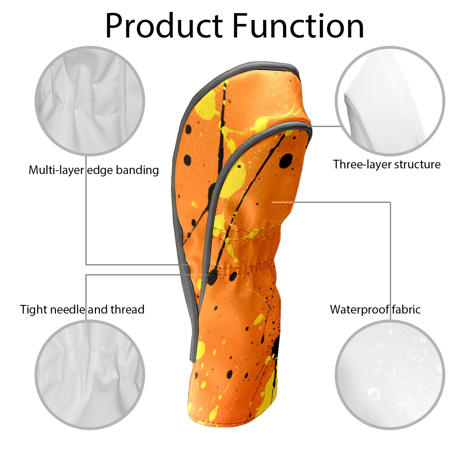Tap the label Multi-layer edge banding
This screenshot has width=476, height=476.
coord(94,170)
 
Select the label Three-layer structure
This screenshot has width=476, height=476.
coord(387,165)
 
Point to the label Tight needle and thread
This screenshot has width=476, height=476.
coord(82,310)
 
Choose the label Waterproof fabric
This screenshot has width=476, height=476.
coord(375,310)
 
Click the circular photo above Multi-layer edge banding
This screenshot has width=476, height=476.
coord(90,101)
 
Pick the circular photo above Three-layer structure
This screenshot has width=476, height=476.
coord(390,101)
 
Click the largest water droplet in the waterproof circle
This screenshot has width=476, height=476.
coord(374,393)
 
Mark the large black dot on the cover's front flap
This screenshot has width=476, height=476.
coord(286,161)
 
